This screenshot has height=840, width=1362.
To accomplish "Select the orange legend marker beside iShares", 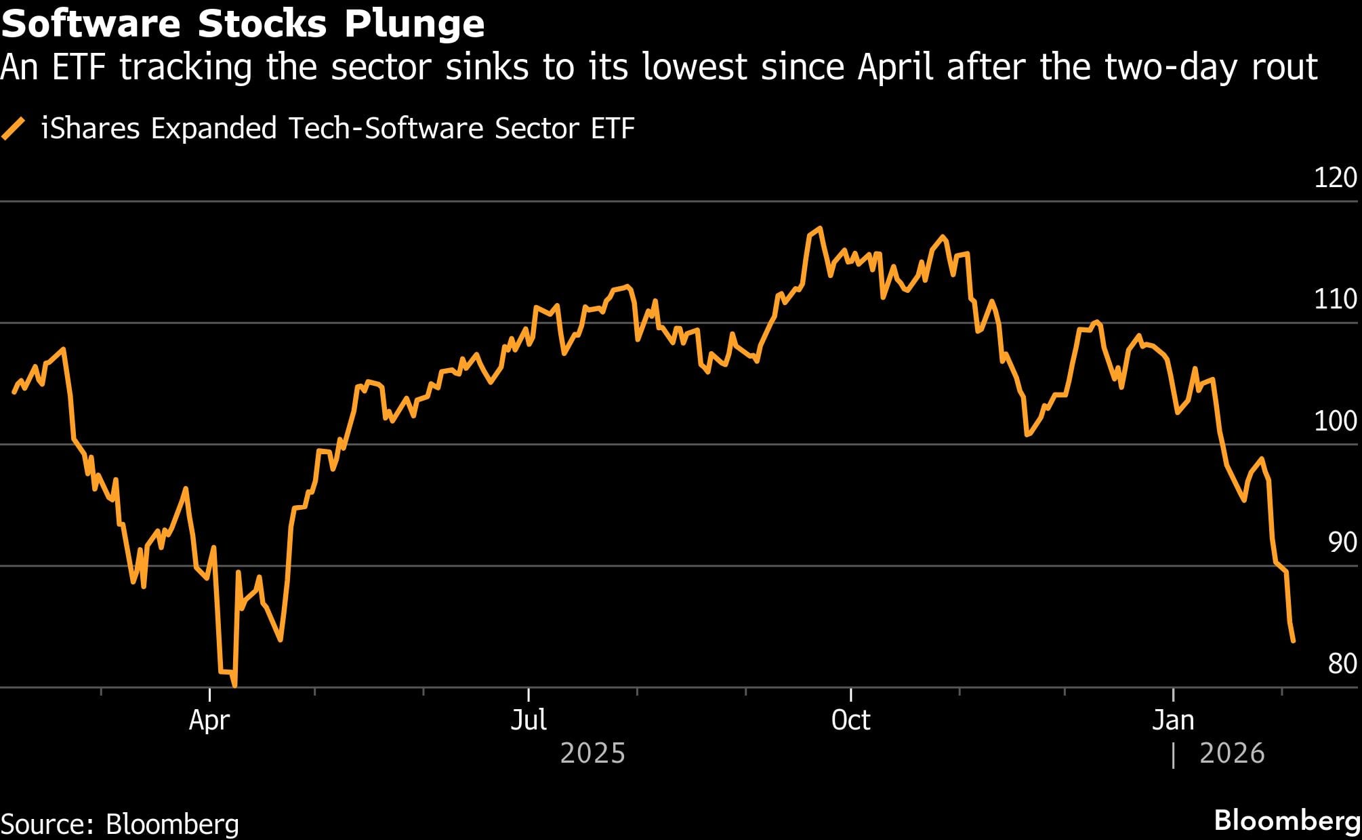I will [x=14, y=128].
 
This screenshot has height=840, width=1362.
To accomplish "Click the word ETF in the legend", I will [x=613, y=128].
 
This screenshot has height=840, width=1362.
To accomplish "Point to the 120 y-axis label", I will [x=1335, y=178].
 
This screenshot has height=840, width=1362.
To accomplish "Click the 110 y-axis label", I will [x=1335, y=299].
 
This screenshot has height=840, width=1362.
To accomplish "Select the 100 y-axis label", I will [x=1335, y=421].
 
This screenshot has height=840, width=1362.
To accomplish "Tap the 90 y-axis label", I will [x=1342, y=542].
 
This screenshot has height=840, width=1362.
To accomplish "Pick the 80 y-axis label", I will [x=1342, y=664].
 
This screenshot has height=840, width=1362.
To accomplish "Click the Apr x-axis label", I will [x=209, y=720].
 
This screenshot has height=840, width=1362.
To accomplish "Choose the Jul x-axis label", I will [x=528, y=720].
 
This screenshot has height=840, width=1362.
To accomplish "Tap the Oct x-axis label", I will [x=850, y=720].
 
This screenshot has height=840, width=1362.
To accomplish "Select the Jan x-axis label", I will [x=1173, y=720].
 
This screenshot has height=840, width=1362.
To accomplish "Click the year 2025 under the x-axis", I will [x=592, y=753].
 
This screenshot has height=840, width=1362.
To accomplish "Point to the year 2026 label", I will [x=1232, y=753].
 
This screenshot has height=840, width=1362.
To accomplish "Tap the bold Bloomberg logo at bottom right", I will [x=1287, y=820].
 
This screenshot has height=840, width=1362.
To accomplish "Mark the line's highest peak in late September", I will [x=820, y=228].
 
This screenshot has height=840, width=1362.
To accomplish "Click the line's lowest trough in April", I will [x=234, y=685].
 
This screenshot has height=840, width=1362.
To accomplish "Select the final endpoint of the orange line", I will [x=1294, y=641].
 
